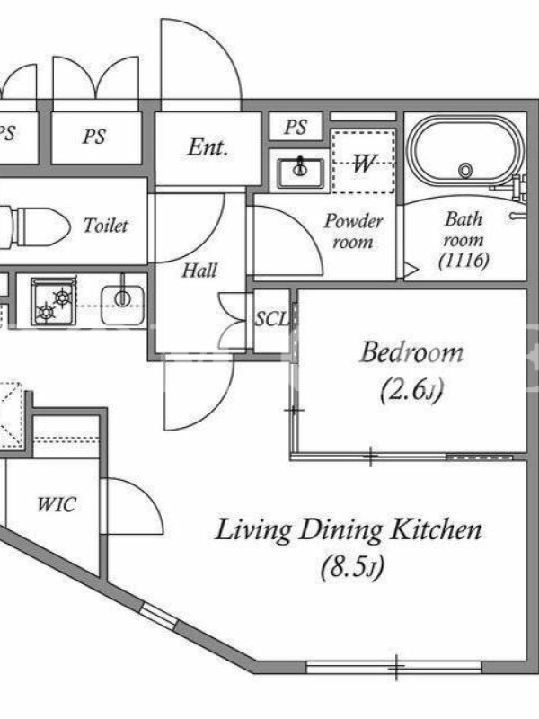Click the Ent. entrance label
(x=208, y=147)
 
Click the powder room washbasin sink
(x=301, y=172)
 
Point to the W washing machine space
(x=363, y=162)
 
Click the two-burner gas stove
(x=54, y=301)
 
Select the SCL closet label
(x=272, y=319)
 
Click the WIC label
(x=57, y=504)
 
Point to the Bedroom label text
(x=411, y=352)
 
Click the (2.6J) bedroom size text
(x=411, y=390)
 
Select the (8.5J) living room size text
(x=352, y=567)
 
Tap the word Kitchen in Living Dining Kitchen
(x=436, y=529)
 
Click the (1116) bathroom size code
(x=464, y=261)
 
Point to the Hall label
(x=199, y=271)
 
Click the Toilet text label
(x=105, y=226)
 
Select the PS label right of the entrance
(x=296, y=127)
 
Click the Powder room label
(x=353, y=231)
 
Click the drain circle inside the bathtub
(x=465, y=171)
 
